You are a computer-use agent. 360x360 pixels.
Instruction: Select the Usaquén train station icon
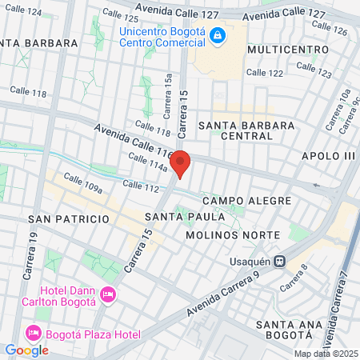280,260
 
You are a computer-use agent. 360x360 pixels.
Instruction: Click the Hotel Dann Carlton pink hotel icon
110,295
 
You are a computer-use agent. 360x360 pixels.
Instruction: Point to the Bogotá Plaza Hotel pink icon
34,332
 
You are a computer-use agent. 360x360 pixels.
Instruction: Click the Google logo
26,350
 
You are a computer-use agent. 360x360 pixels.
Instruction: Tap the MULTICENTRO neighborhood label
287,50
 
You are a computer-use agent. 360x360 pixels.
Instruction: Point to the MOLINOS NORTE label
232,235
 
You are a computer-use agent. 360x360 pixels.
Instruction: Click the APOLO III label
327,155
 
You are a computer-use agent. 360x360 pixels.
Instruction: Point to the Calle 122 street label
265,72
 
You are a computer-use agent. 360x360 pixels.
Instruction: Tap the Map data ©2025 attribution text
325,354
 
